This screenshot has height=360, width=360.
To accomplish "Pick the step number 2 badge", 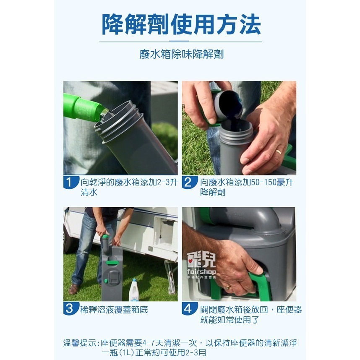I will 188,183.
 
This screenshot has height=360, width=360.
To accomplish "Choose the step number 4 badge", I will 188,309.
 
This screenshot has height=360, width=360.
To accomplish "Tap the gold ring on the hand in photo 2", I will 278,151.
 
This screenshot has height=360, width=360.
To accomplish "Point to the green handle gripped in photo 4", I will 260,283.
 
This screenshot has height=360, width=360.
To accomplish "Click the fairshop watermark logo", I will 201,266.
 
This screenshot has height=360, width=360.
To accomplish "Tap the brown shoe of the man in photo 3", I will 75,289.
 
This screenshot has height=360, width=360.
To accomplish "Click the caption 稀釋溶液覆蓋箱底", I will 114,310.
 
